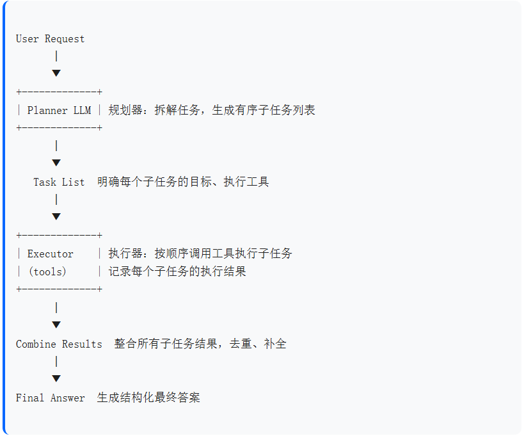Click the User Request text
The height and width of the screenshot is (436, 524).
(x=50, y=39)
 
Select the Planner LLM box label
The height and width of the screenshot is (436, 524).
(x=59, y=110)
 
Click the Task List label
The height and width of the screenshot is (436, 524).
(x=59, y=182)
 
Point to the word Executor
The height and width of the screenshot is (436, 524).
(x=50, y=254)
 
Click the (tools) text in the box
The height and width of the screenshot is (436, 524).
(x=47, y=271)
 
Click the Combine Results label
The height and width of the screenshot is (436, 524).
(x=59, y=344)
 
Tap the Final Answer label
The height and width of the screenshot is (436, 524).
(x=50, y=398)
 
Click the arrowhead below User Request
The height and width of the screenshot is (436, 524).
(x=56, y=73)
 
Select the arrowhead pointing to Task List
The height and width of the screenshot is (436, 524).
(x=56, y=163)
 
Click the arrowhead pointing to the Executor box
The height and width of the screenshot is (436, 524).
(x=56, y=216)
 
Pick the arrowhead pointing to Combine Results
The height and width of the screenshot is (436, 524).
(x=56, y=325)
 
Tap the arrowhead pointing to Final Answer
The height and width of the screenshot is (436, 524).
(x=56, y=378)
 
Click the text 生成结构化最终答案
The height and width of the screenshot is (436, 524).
(x=148, y=398)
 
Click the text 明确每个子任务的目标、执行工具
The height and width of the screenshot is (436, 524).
(x=183, y=182)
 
